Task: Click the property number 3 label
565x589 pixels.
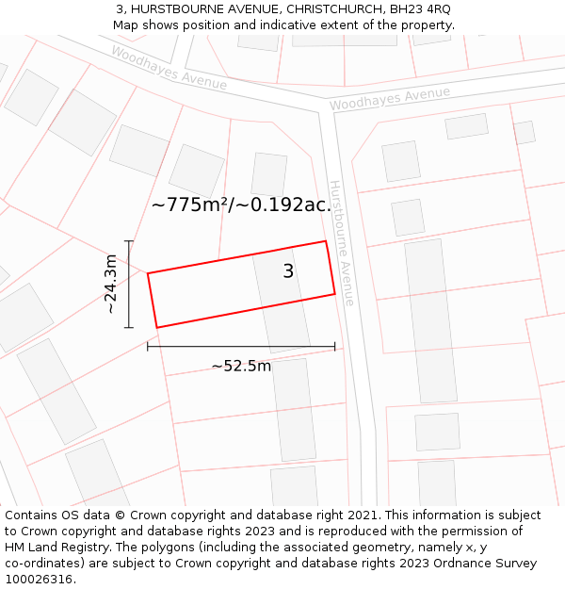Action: (x=288, y=271)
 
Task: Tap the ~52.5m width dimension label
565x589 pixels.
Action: (x=241, y=366)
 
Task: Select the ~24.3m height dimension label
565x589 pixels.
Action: (x=110, y=284)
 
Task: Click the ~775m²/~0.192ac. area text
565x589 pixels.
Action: (x=241, y=205)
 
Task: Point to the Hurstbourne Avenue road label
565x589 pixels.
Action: (x=341, y=243)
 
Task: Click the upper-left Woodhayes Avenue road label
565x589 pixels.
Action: (x=169, y=68)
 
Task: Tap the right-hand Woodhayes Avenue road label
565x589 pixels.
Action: (x=390, y=98)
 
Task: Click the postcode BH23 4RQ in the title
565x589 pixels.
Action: (x=421, y=9)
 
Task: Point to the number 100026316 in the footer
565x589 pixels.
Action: (x=38, y=579)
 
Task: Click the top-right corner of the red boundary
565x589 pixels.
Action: (x=326, y=241)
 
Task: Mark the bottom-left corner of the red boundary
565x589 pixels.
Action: (x=156, y=328)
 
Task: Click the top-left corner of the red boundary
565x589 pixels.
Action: (x=148, y=273)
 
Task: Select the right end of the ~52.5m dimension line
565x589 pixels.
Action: (x=334, y=347)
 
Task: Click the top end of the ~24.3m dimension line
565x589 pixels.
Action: (x=129, y=241)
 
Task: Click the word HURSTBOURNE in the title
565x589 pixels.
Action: (x=179, y=9)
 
